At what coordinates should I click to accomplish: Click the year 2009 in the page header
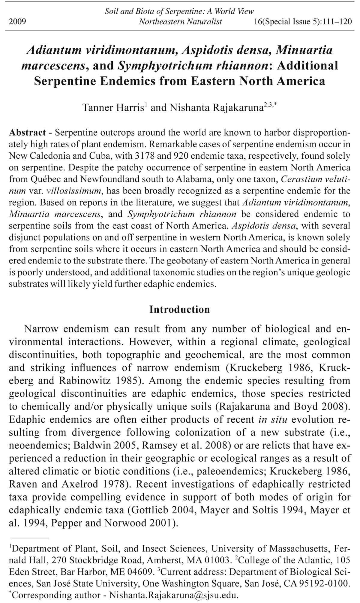[x=17, y=22]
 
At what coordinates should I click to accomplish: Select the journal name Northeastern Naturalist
[x=180, y=22]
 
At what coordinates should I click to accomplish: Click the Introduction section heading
[x=180, y=309]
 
